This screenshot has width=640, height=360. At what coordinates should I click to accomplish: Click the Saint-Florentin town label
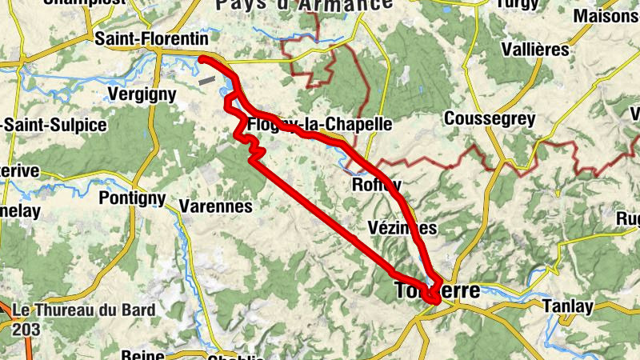click(151, 38)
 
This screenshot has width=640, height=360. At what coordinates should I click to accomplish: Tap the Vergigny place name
click(141, 94)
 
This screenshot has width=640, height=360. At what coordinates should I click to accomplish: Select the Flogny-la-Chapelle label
click(320, 125)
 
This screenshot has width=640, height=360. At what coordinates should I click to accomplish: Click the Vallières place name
click(534, 49)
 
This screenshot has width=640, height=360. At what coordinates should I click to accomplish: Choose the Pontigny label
click(132, 198)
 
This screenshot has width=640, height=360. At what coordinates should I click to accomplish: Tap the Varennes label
click(215, 206)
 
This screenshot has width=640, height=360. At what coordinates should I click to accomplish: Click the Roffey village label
click(376, 186)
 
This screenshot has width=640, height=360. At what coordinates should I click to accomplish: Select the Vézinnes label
click(405, 228)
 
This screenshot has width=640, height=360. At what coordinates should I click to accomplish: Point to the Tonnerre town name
click(438, 290)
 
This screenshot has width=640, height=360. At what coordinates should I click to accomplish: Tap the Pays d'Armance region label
click(304, 6)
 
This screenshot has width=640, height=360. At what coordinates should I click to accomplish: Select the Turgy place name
click(518, 4)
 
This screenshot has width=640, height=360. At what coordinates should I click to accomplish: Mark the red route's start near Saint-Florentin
click(202, 59)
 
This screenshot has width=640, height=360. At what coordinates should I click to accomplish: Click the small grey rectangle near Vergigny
click(207, 80)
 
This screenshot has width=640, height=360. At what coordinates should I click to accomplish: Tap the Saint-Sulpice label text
click(55, 126)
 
